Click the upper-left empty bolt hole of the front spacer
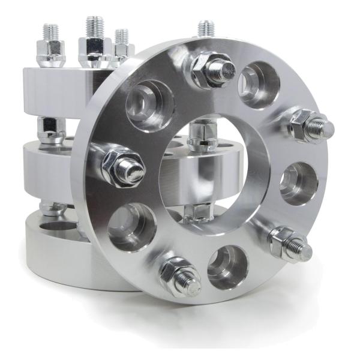pyautogui.click(x=149, y=104)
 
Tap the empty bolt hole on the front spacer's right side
pyautogui.click(x=298, y=182)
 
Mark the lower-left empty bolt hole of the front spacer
pyautogui.click(x=132, y=226)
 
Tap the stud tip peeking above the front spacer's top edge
pyautogui.click(x=206, y=28)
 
